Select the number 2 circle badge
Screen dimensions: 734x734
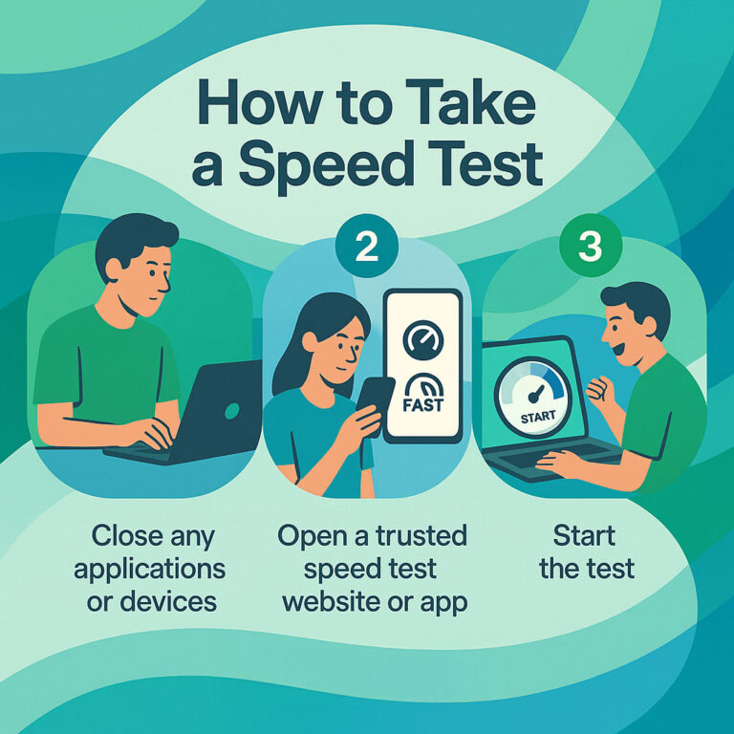tap(366, 246)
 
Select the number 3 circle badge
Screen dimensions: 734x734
tap(590, 246)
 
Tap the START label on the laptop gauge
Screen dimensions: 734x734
tap(533, 418)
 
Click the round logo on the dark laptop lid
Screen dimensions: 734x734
tap(230, 411)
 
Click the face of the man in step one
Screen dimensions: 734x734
tap(144, 271)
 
